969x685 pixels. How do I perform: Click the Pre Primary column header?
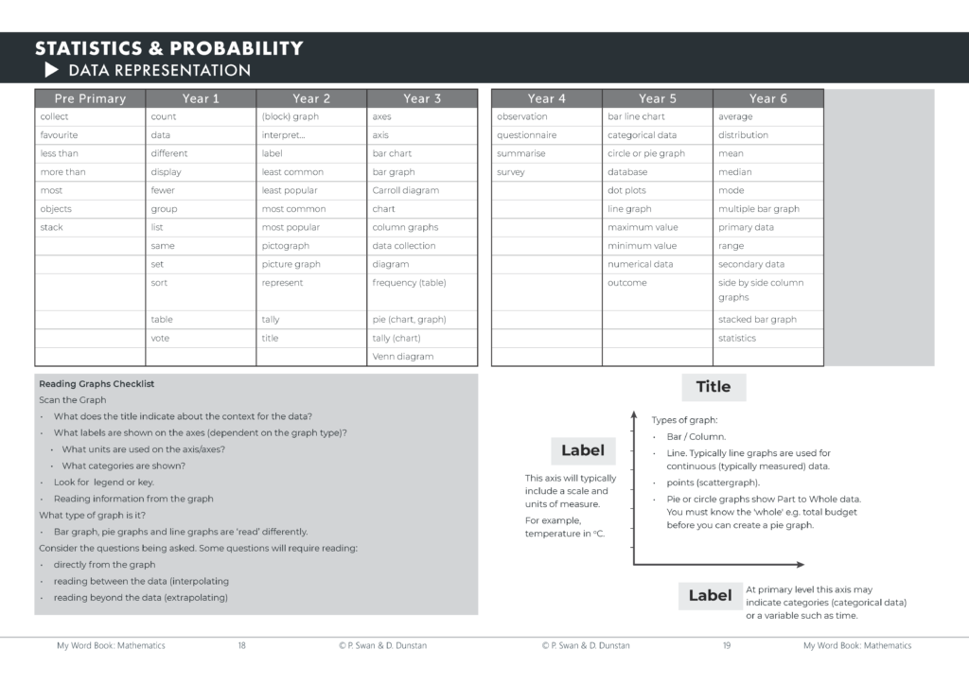point(90,98)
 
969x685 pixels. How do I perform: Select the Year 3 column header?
point(422,98)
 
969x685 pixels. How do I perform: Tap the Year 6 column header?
point(767,98)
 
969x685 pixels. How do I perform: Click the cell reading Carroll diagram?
point(406,190)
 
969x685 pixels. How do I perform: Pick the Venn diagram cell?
point(403,357)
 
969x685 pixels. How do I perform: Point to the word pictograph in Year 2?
point(286,246)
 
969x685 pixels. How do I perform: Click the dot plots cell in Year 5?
point(628,190)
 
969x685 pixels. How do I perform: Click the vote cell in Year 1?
point(161,338)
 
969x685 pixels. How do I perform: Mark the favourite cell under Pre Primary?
point(59,135)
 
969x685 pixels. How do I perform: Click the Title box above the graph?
point(714,387)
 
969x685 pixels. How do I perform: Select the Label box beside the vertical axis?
point(583,450)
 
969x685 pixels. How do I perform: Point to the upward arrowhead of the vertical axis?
point(633,413)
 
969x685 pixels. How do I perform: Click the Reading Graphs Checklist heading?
point(97,384)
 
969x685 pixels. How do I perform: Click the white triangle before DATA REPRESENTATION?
point(51,71)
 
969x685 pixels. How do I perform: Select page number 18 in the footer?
point(241,645)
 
